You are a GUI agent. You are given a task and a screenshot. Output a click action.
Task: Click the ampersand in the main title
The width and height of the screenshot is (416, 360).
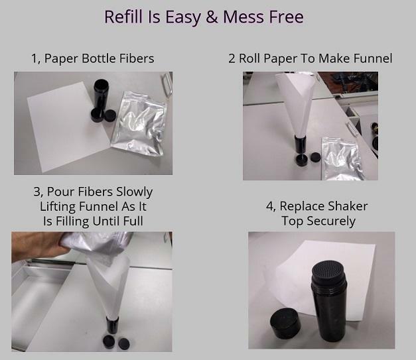[211, 17]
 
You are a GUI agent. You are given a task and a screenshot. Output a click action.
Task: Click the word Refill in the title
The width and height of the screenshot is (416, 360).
[123, 17]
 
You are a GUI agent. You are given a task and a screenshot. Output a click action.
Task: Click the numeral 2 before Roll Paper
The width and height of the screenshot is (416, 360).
[232, 58]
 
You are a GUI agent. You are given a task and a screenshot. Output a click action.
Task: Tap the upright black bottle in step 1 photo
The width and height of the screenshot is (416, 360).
[100, 95]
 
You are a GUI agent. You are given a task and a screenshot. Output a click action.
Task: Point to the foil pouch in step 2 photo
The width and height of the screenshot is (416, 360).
[341, 158]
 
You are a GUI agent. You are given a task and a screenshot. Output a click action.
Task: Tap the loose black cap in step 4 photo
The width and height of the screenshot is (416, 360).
[285, 324]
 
